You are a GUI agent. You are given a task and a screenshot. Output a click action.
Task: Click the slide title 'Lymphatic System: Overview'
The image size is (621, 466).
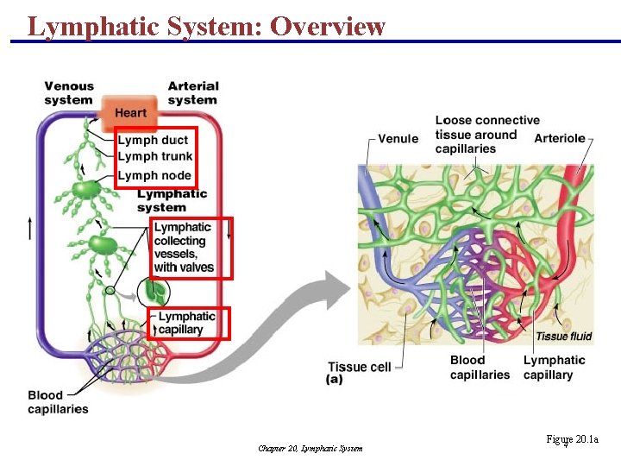click(206, 26)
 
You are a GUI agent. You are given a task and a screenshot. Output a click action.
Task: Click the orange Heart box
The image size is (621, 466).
click(130, 112)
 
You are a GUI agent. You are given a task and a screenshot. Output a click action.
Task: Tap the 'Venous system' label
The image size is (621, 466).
click(69, 92)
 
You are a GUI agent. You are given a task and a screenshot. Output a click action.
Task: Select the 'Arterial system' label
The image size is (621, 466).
click(193, 92)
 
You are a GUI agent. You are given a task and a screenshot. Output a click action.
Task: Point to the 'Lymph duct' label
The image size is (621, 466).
click(153, 140)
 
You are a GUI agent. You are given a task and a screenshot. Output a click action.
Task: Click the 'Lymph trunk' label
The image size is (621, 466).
click(155, 156)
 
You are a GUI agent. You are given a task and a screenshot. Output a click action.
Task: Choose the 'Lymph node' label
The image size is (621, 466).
click(154, 175)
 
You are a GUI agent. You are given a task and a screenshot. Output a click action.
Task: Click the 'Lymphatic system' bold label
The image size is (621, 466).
click(172, 200)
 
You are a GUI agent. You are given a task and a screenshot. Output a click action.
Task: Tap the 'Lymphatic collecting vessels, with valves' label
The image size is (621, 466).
click(185, 248)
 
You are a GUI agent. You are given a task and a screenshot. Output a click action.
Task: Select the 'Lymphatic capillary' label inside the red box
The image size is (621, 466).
click(186, 323)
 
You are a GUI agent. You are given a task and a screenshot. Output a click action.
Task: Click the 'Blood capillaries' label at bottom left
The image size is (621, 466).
click(58, 402)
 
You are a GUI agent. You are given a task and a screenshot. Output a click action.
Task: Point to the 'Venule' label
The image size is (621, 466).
click(398, 138)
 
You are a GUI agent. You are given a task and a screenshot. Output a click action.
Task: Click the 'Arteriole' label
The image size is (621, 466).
click(560, 138)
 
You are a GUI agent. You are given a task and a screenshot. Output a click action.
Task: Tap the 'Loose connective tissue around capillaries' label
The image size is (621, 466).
click(487, 135)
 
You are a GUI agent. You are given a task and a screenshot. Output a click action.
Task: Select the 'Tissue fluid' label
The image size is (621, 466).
click(563, 337)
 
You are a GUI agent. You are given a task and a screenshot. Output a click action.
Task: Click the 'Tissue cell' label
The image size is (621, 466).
click(359, 367)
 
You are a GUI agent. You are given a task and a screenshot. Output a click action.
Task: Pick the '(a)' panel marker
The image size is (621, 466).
click(336, 379)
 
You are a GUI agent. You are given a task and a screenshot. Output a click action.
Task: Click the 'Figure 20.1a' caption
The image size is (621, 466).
click(571, 440)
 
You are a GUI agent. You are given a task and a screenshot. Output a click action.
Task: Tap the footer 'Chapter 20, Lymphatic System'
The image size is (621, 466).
click(310, 448)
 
